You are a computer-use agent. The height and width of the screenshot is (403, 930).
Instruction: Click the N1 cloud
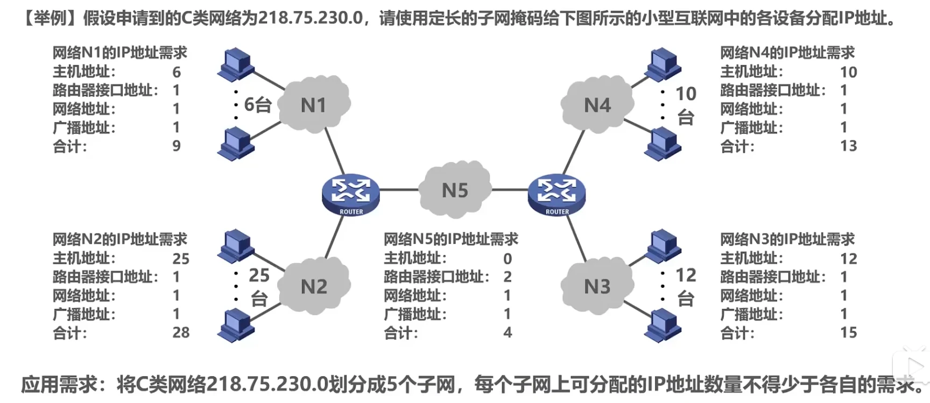[x=314, y=104]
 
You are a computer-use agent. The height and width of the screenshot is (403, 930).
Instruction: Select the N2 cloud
[x=314, y=286]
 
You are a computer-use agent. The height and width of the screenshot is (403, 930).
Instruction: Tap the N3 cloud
[x=597, y=286]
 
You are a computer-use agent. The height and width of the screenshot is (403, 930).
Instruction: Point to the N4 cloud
[x=597, y=105]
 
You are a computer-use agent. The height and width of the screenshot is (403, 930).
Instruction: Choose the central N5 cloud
[x=455, y=190]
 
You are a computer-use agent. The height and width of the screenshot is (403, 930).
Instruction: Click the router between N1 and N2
[x=351, y=194]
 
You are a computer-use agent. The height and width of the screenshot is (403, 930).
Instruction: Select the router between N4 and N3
[x=556, y=194]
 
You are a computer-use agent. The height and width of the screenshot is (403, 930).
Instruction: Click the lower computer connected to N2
[x=235, y=325]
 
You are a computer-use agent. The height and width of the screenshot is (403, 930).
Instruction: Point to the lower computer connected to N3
[x=663, y=325]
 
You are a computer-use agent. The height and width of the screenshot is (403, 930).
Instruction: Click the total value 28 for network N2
[x=181, y=333]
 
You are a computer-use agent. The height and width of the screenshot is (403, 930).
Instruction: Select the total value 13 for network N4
[x=848, y=146]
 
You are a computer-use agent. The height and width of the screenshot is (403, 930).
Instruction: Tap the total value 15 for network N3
[x=848, y=333]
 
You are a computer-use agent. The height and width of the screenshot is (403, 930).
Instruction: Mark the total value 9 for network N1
[x=177, y=146]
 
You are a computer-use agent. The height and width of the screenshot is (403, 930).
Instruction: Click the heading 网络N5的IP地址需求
[x=450, y=239]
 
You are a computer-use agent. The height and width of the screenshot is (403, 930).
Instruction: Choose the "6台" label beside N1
[x=257, y=104]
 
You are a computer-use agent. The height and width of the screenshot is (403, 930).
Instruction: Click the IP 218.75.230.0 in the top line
[x=311, y=18]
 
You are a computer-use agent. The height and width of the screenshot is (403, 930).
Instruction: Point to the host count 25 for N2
[x=181, y=259]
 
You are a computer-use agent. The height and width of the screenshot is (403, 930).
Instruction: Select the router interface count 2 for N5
[x=508, y=277]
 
